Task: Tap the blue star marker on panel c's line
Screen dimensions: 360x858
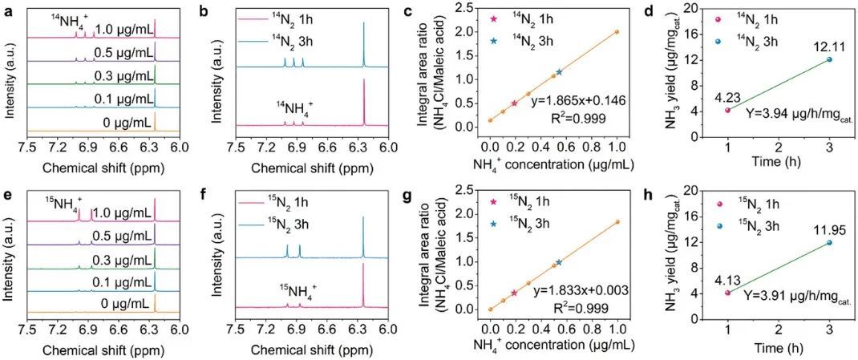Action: pos(559,72)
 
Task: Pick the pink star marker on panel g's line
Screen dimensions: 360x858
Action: pos(514,293)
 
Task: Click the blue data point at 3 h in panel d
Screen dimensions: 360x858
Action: pos(829,59)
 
